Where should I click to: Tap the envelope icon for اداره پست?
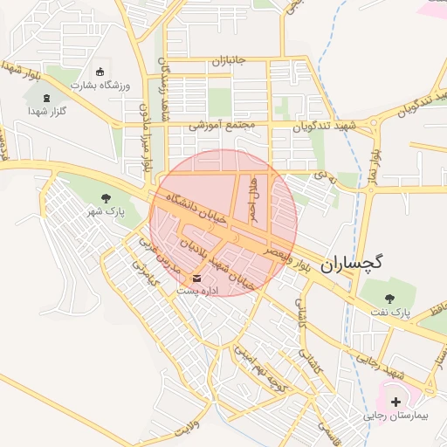196,279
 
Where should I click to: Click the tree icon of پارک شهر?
107,197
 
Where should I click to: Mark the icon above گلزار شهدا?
47,97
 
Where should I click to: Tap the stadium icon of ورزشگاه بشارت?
99,72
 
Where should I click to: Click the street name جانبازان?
230,61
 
